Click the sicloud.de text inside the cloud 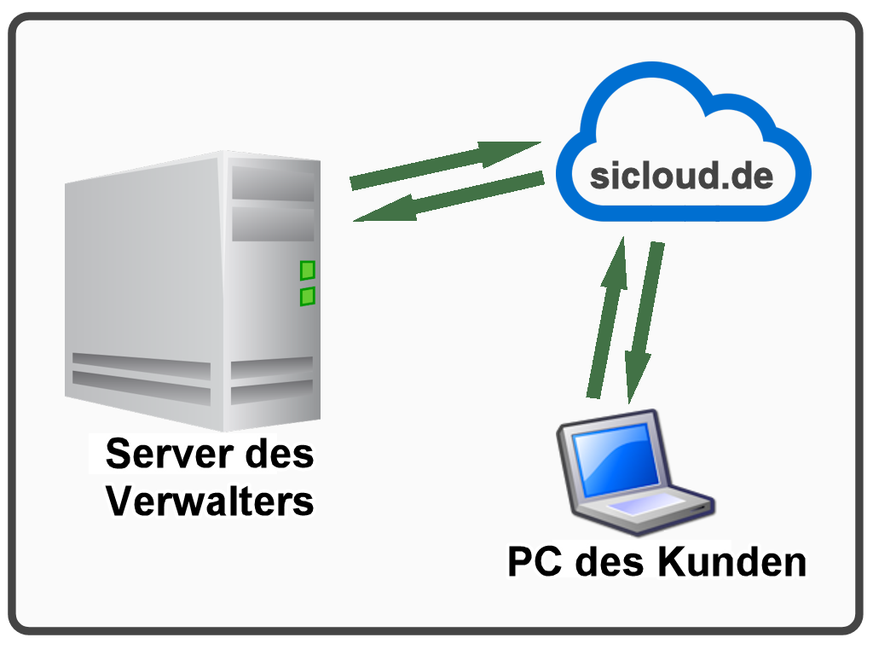coord(681,176)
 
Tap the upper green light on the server coord(307,270)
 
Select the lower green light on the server coord(307,296)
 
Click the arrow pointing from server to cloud coord(445,165)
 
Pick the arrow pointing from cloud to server coord(448,197)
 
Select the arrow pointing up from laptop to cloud coord(608,317)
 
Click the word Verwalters coord(210,501)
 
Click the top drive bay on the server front coord(273,183)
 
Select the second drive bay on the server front coord(273,224)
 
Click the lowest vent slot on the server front coord(272,392)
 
